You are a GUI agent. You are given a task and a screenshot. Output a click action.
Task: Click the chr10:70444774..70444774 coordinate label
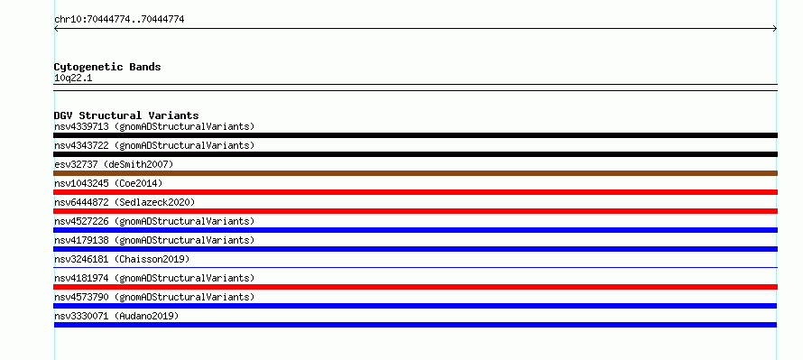tap(119, 20)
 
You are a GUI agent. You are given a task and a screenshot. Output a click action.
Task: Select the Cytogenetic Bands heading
tap(107, 67)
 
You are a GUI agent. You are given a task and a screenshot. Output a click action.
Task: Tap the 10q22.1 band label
tap(73, 78)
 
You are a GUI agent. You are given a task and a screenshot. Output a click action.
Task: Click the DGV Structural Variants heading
tap(126, 115)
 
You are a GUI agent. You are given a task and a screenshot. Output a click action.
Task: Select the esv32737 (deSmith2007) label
tap(115, 164)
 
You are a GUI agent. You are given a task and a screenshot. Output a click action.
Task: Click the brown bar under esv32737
tap(415, 173)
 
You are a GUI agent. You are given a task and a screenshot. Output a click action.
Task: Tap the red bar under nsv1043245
tap(415, 192)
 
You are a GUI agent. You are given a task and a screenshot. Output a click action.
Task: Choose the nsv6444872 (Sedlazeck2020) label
tap(125, 202)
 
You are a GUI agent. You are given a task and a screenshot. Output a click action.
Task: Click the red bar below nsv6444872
tap(415, 211)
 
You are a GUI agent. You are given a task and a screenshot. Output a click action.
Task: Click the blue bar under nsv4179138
tap(415, 249)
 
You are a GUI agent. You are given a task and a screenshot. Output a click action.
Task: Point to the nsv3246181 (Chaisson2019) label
tap(122, 259)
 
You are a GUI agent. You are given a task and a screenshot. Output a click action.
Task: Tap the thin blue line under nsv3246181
tap(415, 267)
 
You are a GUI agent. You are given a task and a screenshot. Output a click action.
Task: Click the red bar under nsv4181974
tap(415, 287)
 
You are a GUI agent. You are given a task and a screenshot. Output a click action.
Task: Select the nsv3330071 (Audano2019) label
tap(116, 316)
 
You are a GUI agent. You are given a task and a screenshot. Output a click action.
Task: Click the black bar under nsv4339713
tap(415, 135)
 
